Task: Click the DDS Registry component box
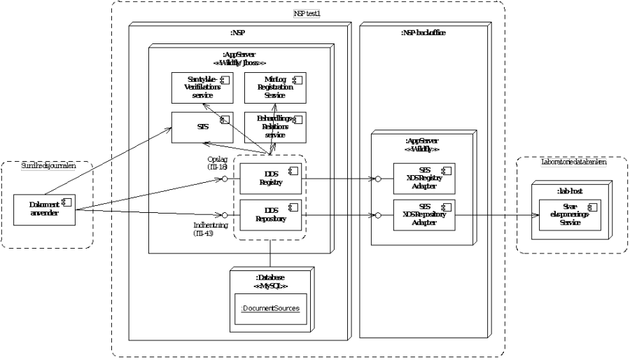(x=271, y=178)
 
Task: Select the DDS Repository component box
(x=271, y=214)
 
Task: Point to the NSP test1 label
(x=308, y=14)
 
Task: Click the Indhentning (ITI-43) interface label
(x=207, y=229)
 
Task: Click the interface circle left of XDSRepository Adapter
(x=378, y=214)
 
